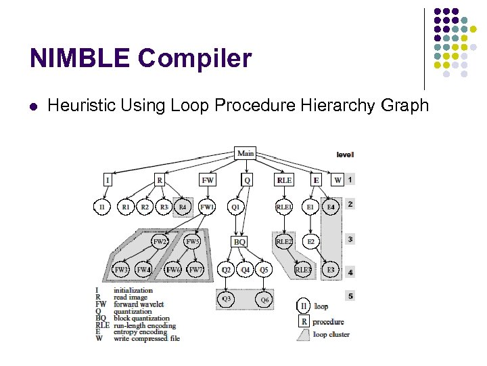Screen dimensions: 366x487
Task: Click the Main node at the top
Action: coord(246,153)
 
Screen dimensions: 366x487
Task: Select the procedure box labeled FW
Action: coord(208,180)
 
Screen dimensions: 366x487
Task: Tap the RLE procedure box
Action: coord(284,180)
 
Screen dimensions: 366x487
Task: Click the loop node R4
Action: coord(183,206)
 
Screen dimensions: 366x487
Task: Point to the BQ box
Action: coord(239,241)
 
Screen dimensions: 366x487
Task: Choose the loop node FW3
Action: coord(121,270)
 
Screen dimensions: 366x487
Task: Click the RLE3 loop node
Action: coord(303,270)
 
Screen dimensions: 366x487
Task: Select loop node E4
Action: coord(330,206)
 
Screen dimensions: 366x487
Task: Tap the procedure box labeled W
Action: coord(337,180)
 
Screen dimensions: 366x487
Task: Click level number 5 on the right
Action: coord(350,296)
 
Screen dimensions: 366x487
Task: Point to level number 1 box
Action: coord(350,180)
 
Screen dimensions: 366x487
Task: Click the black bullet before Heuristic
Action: coord(33,106)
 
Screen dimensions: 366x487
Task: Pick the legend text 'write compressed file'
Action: coord(147,339)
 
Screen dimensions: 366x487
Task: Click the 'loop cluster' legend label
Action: coord(332,335)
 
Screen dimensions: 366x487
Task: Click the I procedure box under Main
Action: coord(108,180)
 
